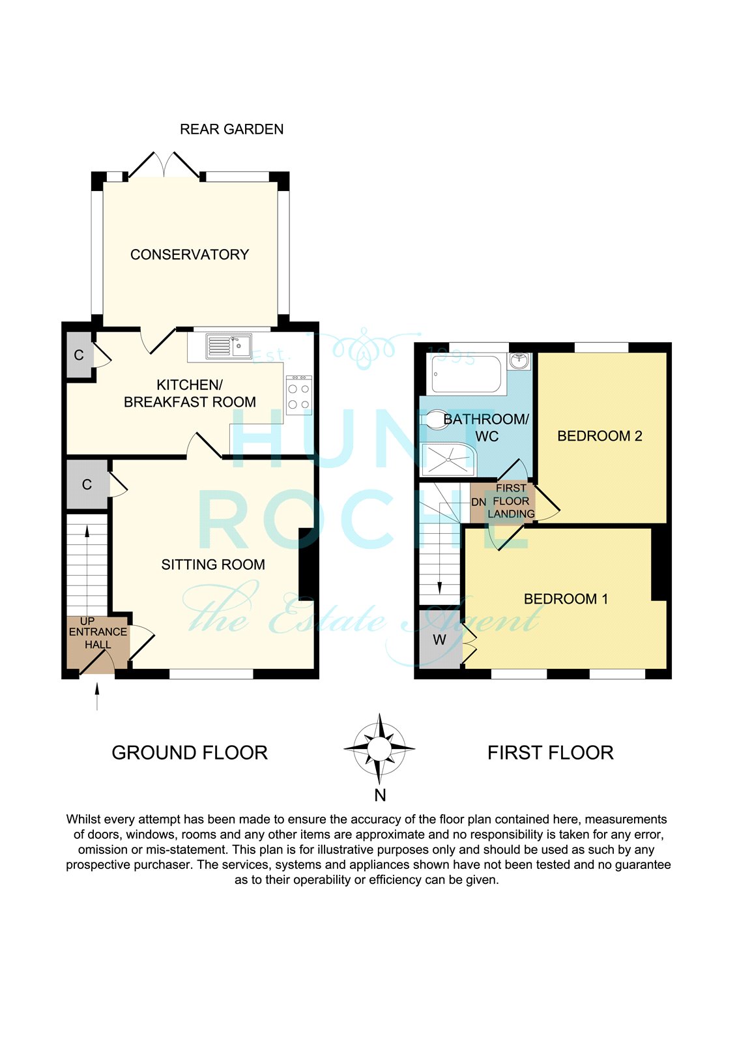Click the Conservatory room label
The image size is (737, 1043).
coord(190,255)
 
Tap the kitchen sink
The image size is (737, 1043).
coord(228,346)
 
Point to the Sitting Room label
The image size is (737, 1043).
coord(213,565)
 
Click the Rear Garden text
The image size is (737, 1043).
coord(232,129)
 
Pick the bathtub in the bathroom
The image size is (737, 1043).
coord(466,374)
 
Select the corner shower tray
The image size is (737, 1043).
coord(448,459)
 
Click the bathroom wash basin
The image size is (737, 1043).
coord(519,361)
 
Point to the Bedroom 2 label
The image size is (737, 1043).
coord(600,436)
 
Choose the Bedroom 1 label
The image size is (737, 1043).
coord(566,599)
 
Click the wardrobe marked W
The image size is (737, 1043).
coord(440,639)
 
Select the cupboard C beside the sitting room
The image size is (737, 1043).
coord(87,485)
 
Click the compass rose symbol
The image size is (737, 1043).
coord(379,749)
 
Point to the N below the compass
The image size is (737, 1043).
coord(380,795)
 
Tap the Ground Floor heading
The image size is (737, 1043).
coord(190,753)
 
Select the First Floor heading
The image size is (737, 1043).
coord(550,753)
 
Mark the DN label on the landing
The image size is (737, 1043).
coord(478,503)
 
